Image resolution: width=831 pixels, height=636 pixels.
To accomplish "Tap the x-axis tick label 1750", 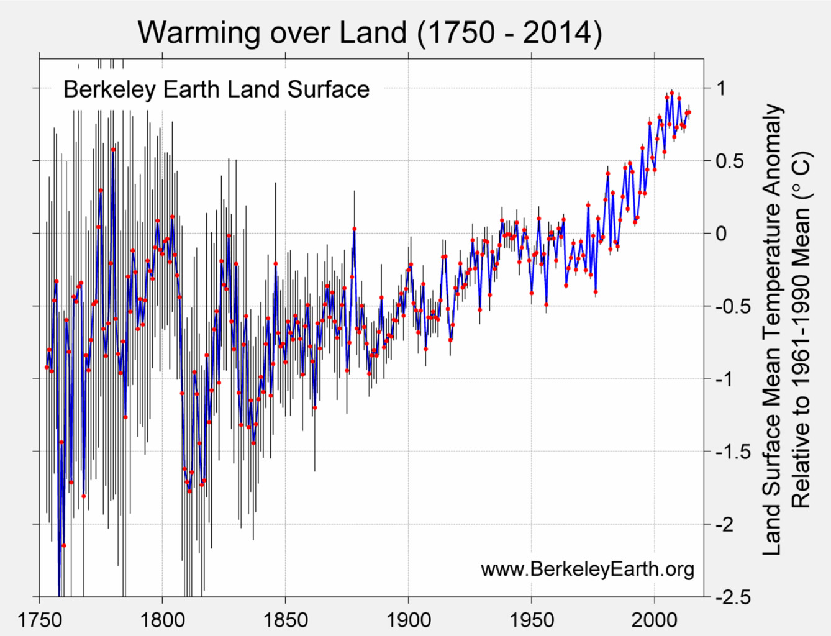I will click(39, 619).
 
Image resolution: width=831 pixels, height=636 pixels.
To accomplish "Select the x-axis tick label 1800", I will click(162, 619).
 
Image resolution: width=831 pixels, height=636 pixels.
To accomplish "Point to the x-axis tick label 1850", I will click(285, 619).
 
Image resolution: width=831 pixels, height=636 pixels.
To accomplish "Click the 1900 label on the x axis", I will click(408, 619).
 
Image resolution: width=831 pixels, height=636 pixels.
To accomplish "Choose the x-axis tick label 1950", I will click(532, 619).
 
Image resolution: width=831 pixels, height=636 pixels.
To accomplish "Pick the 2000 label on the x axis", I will click(655, 619).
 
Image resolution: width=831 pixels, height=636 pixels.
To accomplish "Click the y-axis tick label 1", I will click(720, 88).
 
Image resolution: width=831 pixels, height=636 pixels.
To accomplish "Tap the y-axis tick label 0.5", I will click(729, 161).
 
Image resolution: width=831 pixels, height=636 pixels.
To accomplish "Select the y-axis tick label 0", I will click(720, 234).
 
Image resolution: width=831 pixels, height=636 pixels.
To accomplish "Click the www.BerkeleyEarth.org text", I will click(587, 568).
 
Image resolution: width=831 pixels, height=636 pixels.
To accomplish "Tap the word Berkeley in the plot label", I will click(109, 89).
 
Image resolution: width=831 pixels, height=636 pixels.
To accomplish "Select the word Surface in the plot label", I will click(329, 89).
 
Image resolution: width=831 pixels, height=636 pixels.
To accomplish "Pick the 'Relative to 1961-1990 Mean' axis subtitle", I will click(801, 329).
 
